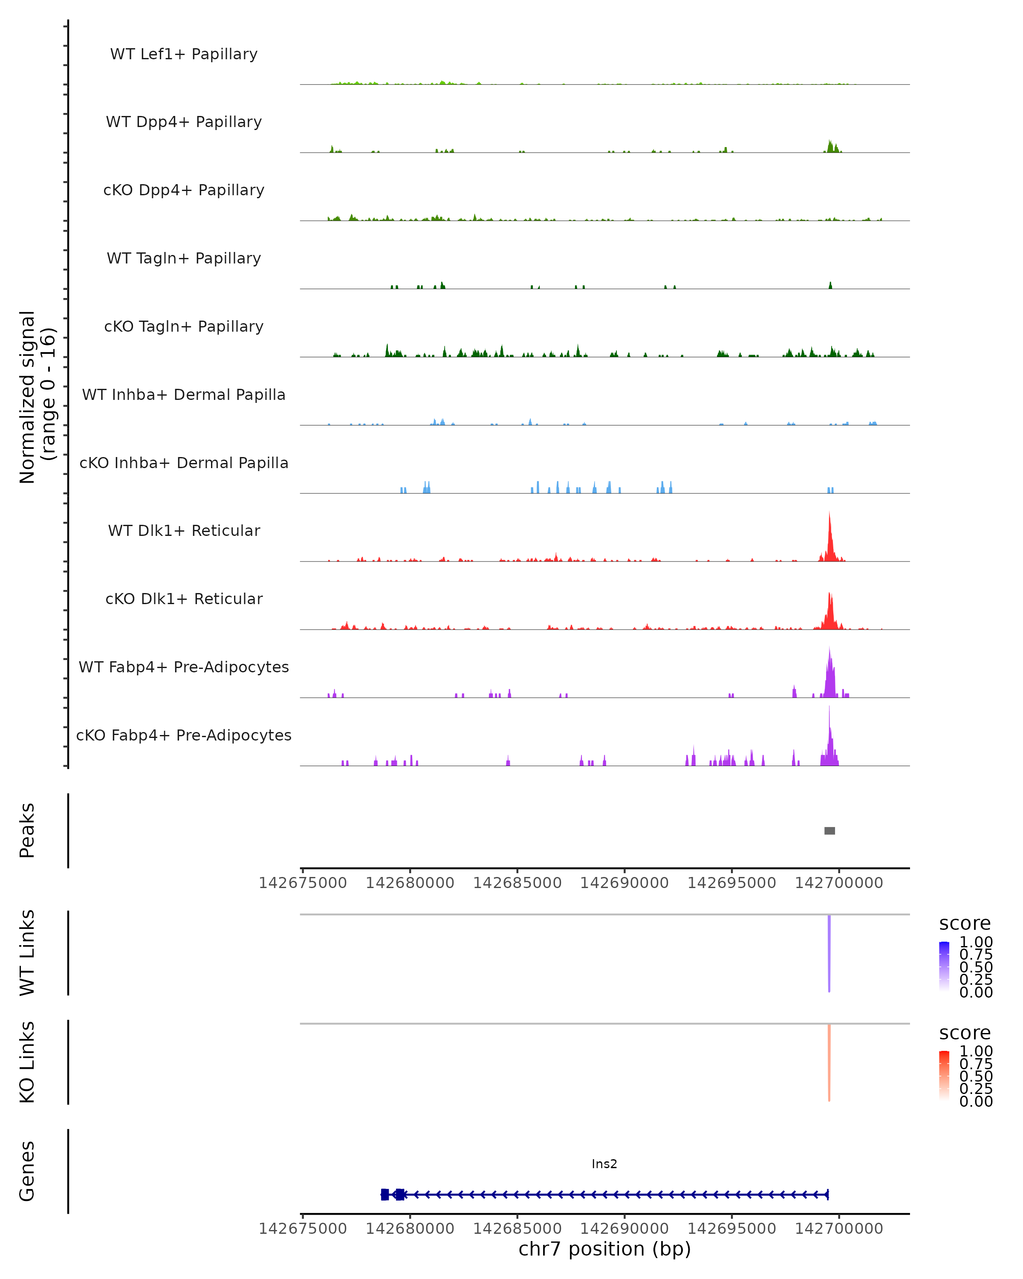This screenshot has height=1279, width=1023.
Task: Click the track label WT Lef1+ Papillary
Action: [184, 54]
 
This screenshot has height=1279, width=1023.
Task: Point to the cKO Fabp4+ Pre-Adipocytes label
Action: [184, 735]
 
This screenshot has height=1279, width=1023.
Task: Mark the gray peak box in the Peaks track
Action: [829, 830]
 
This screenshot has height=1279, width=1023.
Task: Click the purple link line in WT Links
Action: [829, 952]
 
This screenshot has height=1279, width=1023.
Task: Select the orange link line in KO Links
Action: [829, 1062]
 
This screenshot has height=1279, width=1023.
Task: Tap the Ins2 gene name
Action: [604, 1164]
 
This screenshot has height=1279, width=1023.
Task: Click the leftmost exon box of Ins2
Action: [385, 1194]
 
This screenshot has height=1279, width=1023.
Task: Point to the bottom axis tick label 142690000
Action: [624, 1229]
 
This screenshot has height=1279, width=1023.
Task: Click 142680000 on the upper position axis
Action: [410, 883]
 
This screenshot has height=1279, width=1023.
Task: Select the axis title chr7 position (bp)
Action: [604, 1249]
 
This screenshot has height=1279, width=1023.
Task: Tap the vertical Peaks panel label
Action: [27, 830]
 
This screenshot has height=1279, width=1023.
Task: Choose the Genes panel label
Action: [27, 1172]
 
